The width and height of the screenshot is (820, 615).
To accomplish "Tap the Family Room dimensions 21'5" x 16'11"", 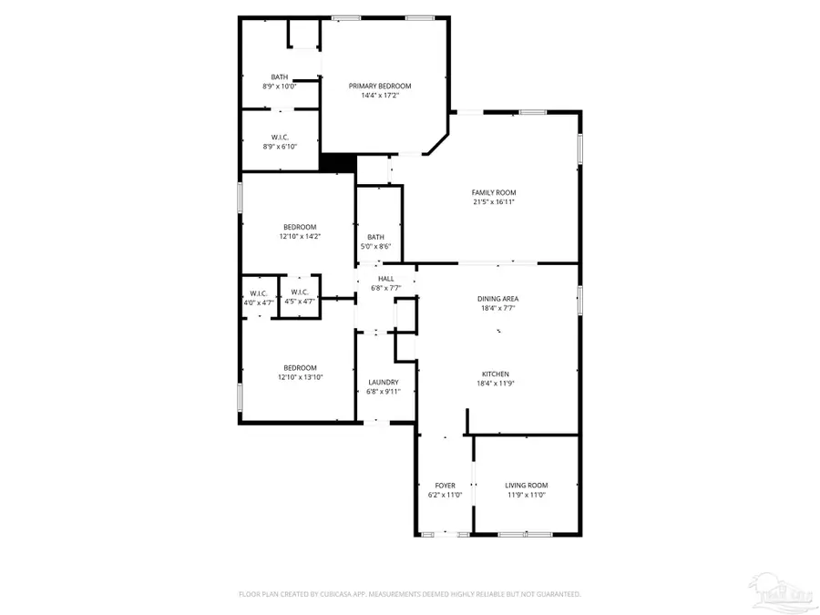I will [x=494, y=201].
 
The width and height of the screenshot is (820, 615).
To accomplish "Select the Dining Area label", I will [x=498, y=299].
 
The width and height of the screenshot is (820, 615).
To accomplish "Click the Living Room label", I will [x=527, y=486].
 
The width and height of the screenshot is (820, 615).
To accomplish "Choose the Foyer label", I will [x=446, y=486].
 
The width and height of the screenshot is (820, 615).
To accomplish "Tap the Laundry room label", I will [x=384, y=382].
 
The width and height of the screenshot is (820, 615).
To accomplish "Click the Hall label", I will [x=386, y=279].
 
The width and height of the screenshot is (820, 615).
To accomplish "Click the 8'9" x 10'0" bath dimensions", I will [x=280, y=87].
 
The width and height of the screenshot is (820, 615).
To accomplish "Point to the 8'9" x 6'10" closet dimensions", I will [x=280, y=146].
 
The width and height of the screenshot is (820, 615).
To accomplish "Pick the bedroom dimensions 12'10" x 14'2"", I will [x=300, y=236].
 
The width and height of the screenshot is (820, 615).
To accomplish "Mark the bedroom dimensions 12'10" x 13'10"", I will [x=300, y=377].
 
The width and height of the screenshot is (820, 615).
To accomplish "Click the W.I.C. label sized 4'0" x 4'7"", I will [x=258, y=292].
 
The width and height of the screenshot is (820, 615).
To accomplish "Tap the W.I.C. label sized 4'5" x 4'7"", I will [x=300, y=292].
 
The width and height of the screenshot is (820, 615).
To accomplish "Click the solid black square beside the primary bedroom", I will [x=338, y=161].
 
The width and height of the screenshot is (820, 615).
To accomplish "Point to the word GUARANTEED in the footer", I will [x=557, y=594].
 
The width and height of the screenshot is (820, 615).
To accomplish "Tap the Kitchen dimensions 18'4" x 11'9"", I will [x=498, y=384].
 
